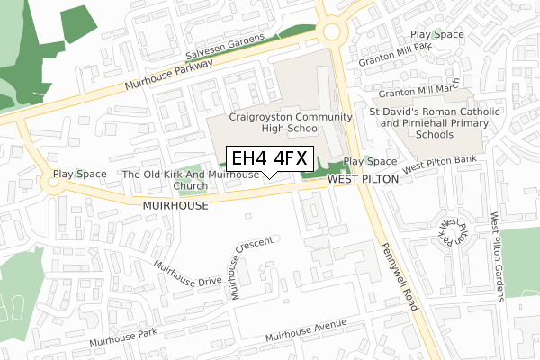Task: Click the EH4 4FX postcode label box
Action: (268, 158)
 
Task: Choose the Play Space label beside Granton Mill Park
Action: (436, 35)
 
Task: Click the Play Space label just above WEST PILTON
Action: (370, 162)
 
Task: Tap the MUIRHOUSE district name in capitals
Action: (175, 206)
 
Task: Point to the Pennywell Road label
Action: (400, 277)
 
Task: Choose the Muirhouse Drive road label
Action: (187, 274)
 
